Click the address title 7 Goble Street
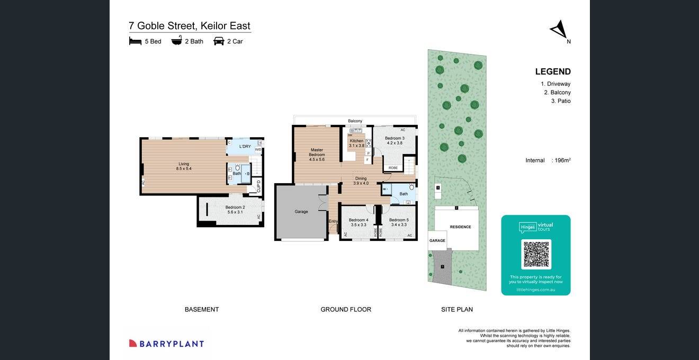pos(189,25)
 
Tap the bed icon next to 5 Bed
pos(135,41)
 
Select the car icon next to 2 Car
pos(219,41)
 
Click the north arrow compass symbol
pos(559,30)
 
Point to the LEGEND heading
pos(552,71)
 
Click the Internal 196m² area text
pos(548,160)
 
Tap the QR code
pos(536,254)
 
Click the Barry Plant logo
pos(166,344)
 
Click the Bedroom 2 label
pos(235,210)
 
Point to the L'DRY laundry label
pos(245,147)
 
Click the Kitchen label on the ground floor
pos(356,143)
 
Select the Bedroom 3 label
pos(395,140)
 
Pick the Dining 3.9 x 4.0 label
pos(361,181)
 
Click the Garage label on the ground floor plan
pos(301,212)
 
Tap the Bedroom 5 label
pos(399,222)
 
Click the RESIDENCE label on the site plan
pos(460,227)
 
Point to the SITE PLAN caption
pos(456,309)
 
